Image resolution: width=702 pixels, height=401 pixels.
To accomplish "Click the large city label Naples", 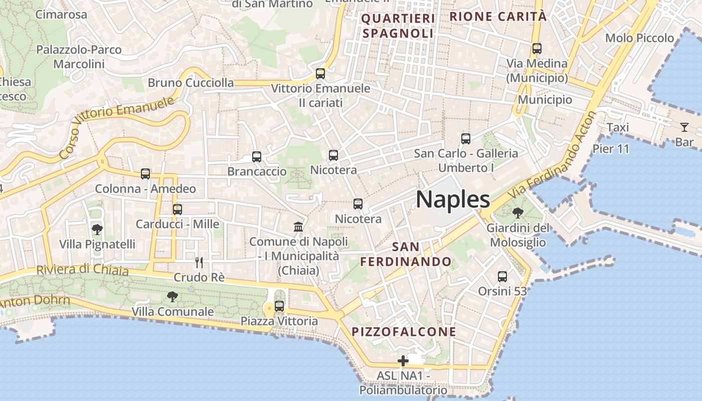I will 453,199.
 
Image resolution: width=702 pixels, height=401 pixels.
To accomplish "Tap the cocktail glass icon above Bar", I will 684,127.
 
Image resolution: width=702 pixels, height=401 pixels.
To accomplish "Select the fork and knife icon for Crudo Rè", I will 199,262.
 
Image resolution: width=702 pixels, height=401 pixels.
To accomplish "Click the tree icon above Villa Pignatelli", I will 97,230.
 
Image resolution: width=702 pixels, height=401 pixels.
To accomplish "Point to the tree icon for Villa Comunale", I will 172,297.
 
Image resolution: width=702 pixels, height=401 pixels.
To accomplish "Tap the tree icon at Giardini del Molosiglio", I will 518,213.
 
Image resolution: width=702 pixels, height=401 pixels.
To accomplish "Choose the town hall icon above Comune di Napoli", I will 299,227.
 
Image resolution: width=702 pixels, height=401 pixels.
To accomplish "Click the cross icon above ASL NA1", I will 403,361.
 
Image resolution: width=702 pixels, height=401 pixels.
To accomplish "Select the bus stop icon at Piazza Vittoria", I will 279,306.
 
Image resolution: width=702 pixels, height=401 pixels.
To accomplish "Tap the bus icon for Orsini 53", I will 502,276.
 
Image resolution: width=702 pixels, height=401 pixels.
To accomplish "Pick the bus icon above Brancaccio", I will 257,156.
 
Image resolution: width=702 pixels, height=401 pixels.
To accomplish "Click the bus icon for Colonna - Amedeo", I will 145,174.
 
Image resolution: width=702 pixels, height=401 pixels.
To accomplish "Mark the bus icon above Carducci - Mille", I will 178,209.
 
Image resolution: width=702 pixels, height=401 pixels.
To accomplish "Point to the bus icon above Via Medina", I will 537,49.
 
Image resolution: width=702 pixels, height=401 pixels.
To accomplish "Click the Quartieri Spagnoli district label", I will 398,26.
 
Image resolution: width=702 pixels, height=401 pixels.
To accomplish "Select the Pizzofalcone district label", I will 404,332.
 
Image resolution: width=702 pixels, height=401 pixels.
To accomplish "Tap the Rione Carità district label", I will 498,17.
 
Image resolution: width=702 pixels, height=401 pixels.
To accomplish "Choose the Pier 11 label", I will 611,149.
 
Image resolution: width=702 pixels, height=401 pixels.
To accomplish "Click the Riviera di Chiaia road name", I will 83,270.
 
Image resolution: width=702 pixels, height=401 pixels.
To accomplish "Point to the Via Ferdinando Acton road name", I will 552,156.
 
